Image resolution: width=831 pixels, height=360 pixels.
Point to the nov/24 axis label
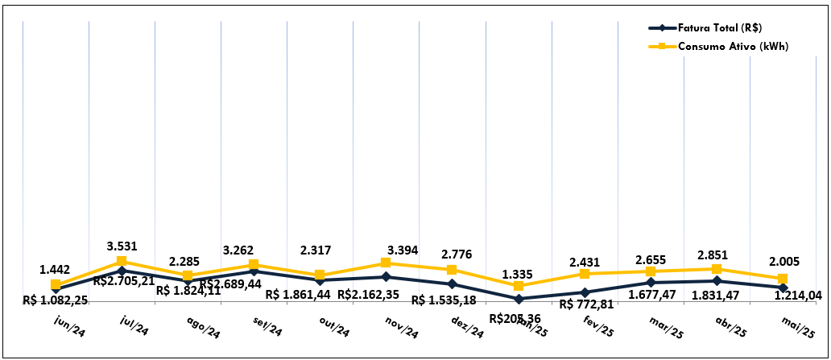click(399, 330)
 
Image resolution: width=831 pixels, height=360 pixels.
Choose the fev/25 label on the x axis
click(598, 330)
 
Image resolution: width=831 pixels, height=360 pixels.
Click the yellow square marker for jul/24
click(122, 261)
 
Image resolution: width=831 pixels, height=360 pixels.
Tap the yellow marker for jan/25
click(519, 286)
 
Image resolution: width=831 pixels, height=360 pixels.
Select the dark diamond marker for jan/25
click(519, 299)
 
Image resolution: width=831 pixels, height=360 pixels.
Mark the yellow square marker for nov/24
click(387, 263)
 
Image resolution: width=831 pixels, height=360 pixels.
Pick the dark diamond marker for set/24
click(254, 271)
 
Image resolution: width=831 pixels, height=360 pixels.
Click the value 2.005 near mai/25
click(783, 262)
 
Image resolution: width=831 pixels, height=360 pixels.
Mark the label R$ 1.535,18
click(444, 300)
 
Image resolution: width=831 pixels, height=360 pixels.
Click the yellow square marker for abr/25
click(717, 269)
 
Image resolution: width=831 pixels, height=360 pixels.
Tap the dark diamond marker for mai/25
click(783, 287)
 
